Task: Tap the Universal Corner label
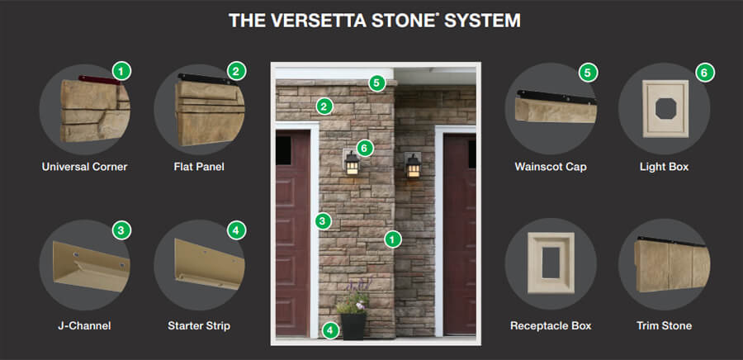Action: [84, 167]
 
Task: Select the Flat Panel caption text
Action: [200, 167]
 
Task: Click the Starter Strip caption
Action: [200, 326]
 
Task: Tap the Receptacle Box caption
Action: [551, 326]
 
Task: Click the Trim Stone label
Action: [665, 326]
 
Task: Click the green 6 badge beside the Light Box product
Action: [704, 73]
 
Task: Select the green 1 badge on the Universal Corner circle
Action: [121, 72]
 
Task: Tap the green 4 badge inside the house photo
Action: [330, 330]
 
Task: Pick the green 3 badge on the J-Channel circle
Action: [121, 230]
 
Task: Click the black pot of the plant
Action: [353, 325]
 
